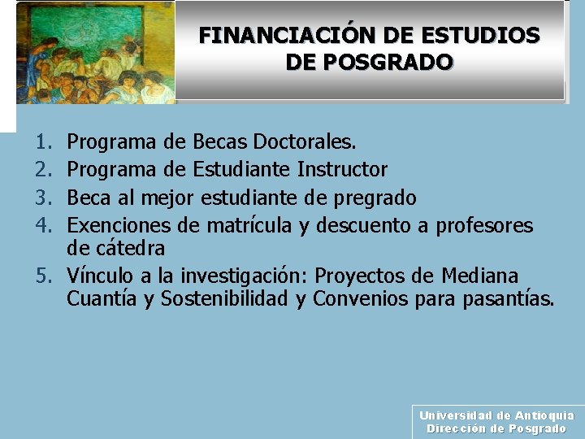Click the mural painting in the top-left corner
[x=94, y=53]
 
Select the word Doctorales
[x=305, y=143]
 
